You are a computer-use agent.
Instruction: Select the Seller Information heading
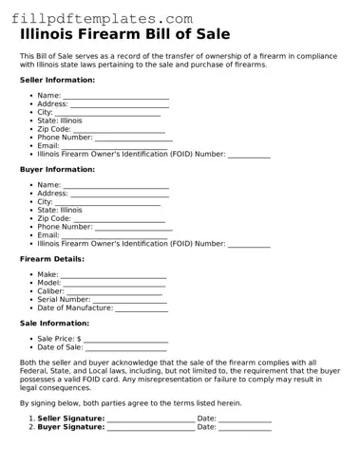[x=57, y=80]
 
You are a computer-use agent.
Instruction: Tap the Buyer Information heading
[x=57, y=169]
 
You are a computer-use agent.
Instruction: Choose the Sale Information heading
[x=54, y=323]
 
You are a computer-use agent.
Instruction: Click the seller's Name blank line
[x=116, y=97]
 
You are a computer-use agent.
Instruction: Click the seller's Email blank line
[x=104, y=146]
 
